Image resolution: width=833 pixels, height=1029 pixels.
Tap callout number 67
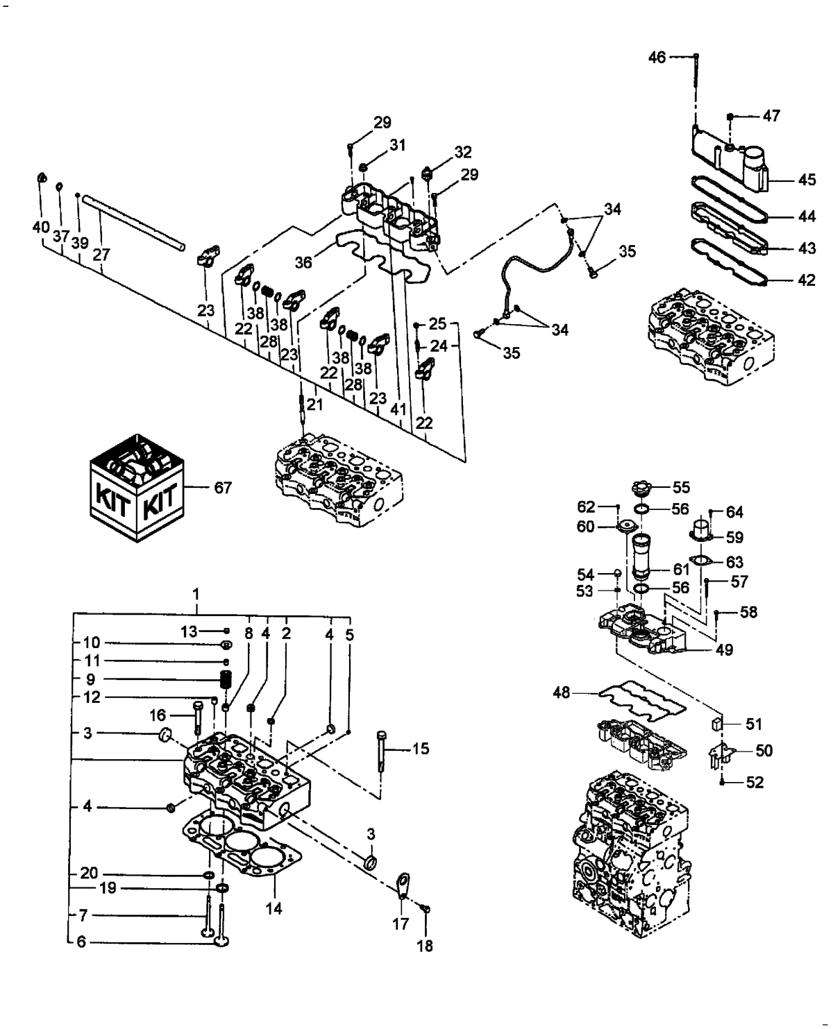click(223, 488)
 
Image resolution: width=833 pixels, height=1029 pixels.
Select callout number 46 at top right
click(657, 57)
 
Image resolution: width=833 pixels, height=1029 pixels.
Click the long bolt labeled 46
click(696, 90)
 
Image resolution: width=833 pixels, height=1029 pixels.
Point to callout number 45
click(807, 180)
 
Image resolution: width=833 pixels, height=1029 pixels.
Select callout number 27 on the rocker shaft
click(101, 255)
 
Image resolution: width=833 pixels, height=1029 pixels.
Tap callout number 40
click(41, 226)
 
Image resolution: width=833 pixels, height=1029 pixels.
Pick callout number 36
click(303, 263)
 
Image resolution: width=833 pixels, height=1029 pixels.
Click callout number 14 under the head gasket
click(274, 908)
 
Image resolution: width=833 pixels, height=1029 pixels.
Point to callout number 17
click(401, 924)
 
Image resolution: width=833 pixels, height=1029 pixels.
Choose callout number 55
click(681, 487)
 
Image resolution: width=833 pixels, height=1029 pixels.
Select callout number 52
click(755, 782)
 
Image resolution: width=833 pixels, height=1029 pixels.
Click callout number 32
click(463, 152)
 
